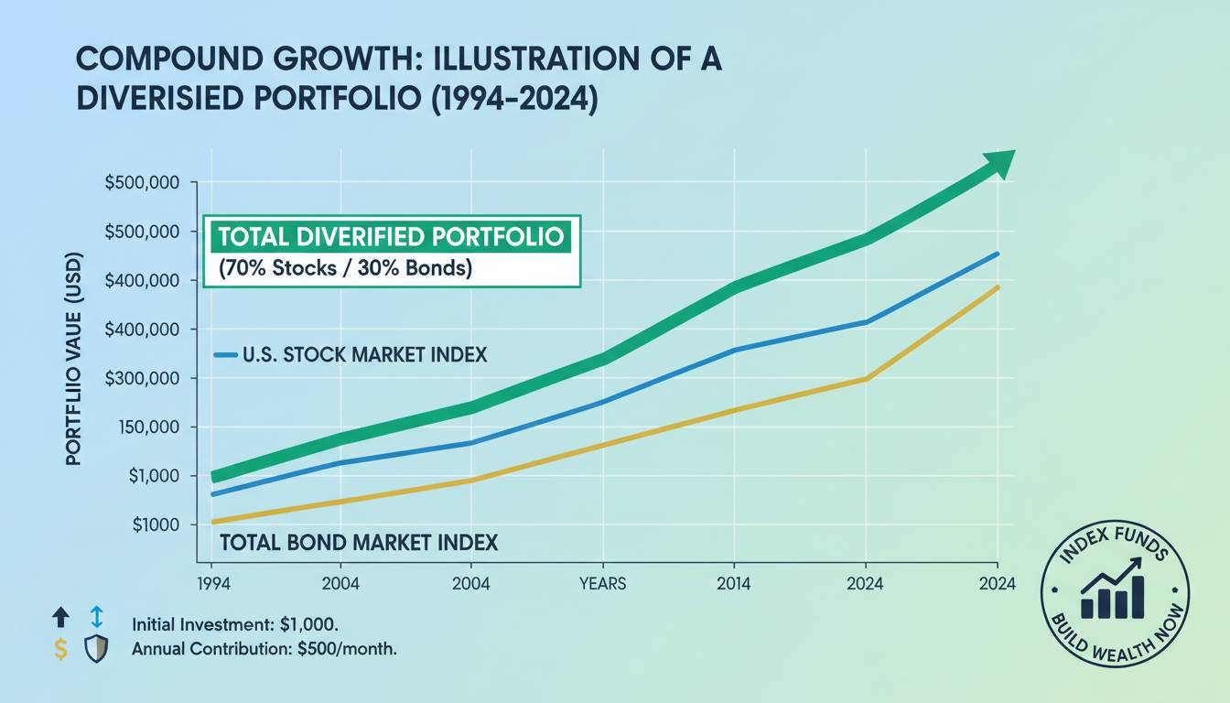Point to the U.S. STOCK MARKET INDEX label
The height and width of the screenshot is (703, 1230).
[364, 355]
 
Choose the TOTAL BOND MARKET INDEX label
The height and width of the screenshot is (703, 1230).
[359, 543]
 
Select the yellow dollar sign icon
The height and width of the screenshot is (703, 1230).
[60, 650]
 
